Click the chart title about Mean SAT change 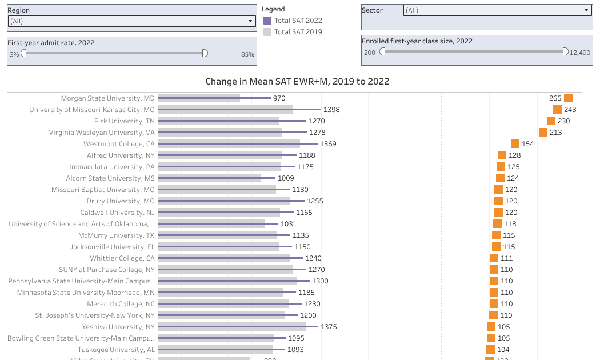pos(297,81)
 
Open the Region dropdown pos(131,21)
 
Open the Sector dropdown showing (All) pos(497,10)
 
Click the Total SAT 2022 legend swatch pos(267,21)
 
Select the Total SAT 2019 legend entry pos(298,32)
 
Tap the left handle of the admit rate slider pos(24,53)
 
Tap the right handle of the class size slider pos(565,51)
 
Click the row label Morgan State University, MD pos(108,98)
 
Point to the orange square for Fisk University pos(551,121)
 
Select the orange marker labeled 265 pos(568,98)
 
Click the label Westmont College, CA pos(119,144)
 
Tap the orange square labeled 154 pos(515,144)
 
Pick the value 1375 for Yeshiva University pos(329,327)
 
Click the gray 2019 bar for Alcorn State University pos(209,178)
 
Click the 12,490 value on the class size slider pos(580,53)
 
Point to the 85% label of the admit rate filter pos(247,54)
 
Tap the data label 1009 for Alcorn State pos(286,178)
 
